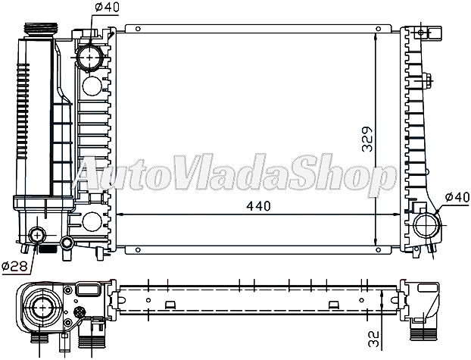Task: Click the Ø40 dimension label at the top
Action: pos(106,8)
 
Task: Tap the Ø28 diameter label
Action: pos(14,265)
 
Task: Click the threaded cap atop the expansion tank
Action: pos(38,30)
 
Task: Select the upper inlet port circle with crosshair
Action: pos(92,57)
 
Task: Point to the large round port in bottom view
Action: pos(39,309)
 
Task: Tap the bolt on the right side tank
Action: pos(427,83)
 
